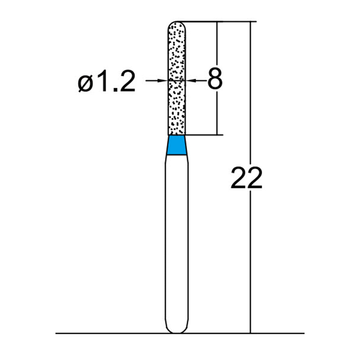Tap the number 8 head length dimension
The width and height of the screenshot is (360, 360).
tap(215, 79)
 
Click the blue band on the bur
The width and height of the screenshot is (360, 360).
tap(177, 145)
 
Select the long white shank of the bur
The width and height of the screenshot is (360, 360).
tap(177, 240)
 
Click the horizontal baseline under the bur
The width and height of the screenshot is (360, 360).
tap(90, 333)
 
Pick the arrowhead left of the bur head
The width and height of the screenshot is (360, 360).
tap(163, 80)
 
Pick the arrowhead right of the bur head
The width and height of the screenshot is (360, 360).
tap(190, 80)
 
